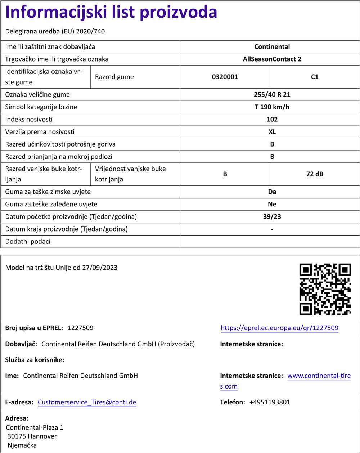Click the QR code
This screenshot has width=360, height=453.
(x=325, y=289)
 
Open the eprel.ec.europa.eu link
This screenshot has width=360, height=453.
(x=279, y=328)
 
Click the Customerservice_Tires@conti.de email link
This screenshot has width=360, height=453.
(x=87, y=402)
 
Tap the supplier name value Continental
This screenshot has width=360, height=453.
(x=272, y=47)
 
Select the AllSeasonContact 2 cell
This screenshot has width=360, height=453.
(x=272, y=59)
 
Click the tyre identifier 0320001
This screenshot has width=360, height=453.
(x=225, y=77)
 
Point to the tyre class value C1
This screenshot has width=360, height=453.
(x=315, y=77)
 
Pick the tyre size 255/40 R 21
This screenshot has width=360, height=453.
(x=272, y=95)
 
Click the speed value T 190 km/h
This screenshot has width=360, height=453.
(x=272, y=107)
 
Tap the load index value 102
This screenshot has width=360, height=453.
(x=272, y=120)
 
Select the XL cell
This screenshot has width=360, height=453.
(x=272, y=132)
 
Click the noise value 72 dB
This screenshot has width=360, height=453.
(x=315, y=174)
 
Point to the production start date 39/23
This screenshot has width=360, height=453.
(x=272, y=217)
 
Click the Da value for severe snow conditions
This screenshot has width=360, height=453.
(x=272, y=192)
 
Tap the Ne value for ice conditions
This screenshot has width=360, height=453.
(x=272, y=204)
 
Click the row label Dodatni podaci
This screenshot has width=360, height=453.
(x=28, y=242)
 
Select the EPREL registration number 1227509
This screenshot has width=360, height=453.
(x=80, y=328)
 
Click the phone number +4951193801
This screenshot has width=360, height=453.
(x=270, y=402)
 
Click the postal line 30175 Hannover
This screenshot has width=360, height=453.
(x=32, y=436)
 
